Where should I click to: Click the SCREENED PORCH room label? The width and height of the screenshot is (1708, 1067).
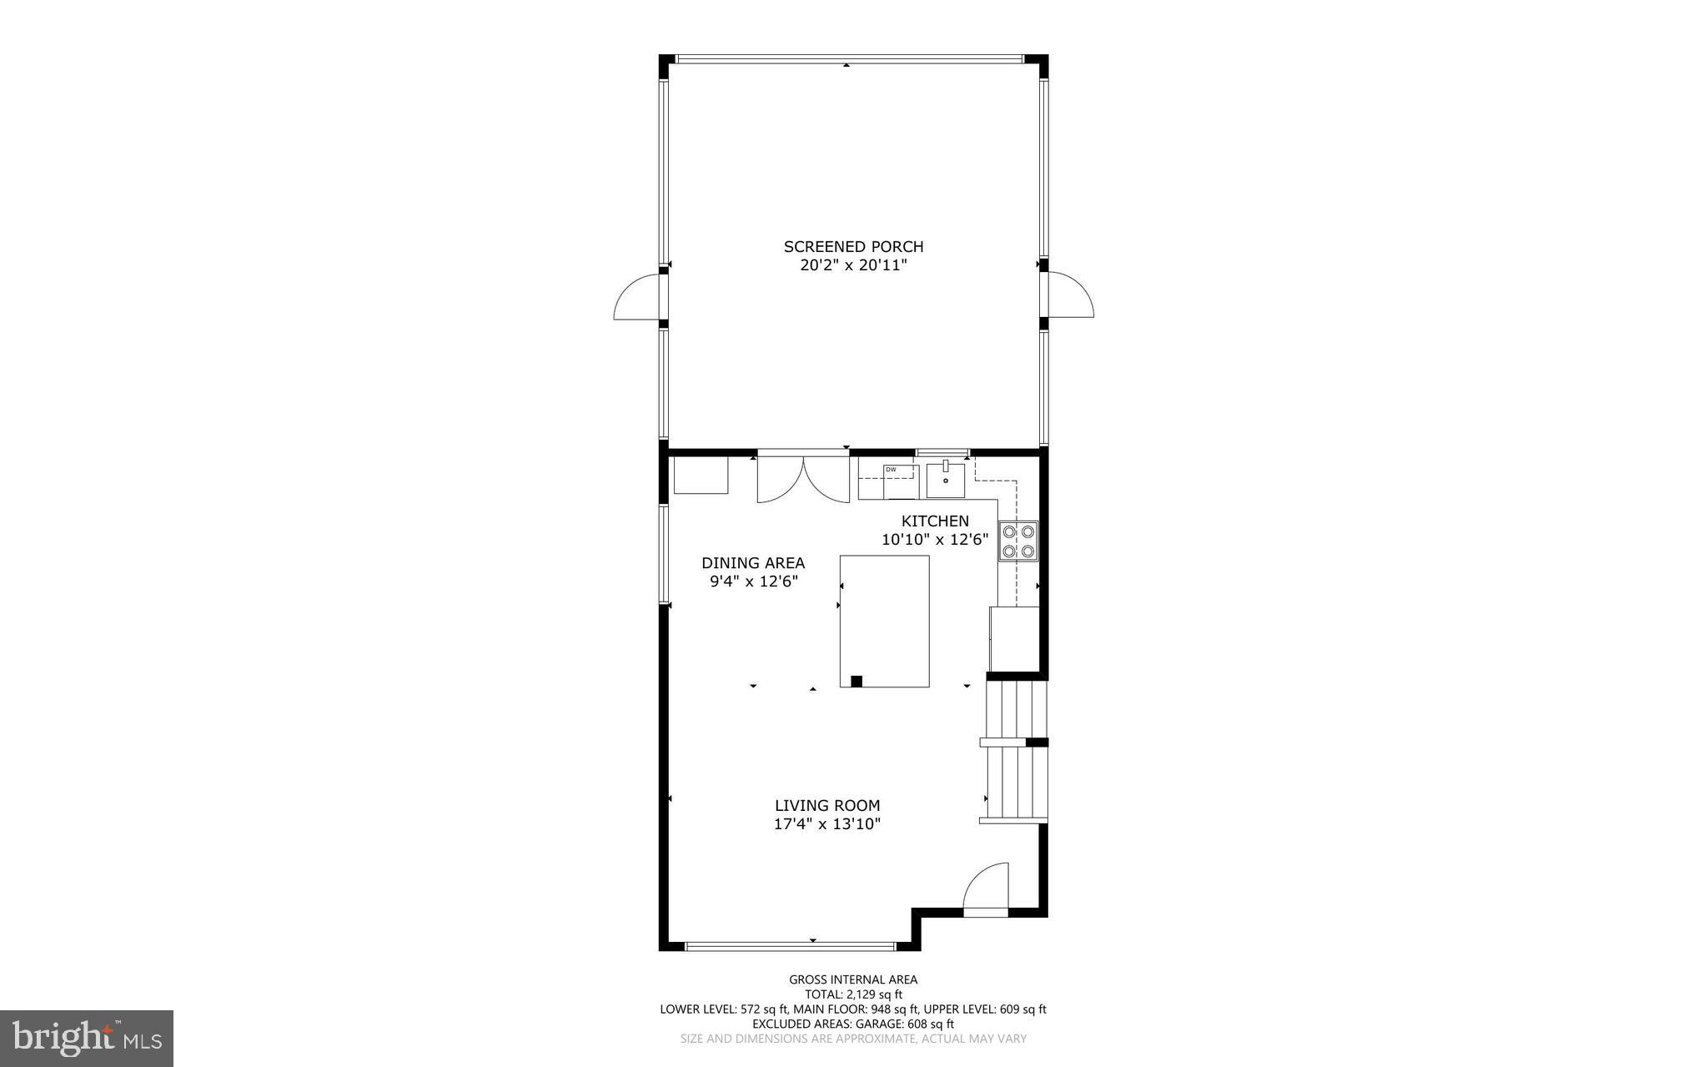pos(853,247)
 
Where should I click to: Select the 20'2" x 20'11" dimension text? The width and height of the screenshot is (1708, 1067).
pos(853,266)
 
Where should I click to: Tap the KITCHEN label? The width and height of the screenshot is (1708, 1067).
pos(935,521)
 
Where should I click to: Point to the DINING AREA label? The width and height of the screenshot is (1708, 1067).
pos(753,563)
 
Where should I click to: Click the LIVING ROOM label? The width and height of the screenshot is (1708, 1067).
pos(827,806)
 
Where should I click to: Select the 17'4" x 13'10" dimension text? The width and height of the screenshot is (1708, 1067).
pos(827,824)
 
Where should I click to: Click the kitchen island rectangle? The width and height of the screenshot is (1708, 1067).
pos(884,621)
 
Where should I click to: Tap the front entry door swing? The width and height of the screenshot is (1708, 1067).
pos(987,888)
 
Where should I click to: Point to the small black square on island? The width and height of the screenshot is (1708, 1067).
pos(856,681)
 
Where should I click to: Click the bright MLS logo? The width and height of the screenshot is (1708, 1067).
pos(87,1038)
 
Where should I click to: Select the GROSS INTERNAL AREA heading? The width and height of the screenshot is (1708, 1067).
pos(853,979)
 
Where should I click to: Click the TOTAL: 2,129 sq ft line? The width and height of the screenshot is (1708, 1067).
pos(853,994)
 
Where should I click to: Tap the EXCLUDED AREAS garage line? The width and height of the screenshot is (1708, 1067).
pos(853,1024)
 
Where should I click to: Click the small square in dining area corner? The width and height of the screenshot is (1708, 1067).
pos(701,475)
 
